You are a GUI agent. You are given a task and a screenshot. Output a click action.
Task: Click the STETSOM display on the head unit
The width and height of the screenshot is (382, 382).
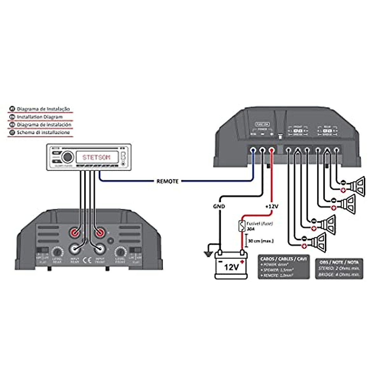pos(97,157)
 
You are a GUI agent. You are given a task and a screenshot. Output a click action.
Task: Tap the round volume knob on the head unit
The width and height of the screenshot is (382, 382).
pos(67,157)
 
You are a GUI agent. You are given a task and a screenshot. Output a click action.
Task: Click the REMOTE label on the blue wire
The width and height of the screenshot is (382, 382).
pos(167,181)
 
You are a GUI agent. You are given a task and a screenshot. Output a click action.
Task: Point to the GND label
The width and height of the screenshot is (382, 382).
pos(219,206)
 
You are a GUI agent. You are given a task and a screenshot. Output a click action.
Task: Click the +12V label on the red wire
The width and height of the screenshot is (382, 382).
pos(272,206)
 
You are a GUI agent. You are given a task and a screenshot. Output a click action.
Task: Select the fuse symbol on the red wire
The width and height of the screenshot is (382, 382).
pos(242,226)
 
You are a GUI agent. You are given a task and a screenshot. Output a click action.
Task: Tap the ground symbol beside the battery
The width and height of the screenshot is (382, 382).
pos(209,253)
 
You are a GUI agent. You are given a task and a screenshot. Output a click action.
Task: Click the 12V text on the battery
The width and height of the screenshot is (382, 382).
pos(231,267)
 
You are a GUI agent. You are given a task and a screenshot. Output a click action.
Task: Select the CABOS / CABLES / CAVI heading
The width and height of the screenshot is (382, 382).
pos(283,259)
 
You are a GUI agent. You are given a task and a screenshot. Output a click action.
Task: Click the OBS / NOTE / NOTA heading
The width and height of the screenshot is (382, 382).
pos(339,262)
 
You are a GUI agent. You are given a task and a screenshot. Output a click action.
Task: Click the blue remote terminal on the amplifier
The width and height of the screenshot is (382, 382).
pos(253,149)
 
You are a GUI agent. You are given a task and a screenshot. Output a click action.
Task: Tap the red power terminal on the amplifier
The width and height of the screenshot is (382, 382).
pos(272,149)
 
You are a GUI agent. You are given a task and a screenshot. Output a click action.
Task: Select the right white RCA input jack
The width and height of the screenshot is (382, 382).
pos(99,248)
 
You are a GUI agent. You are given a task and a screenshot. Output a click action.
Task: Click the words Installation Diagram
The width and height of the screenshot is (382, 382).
pos(40,117)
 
